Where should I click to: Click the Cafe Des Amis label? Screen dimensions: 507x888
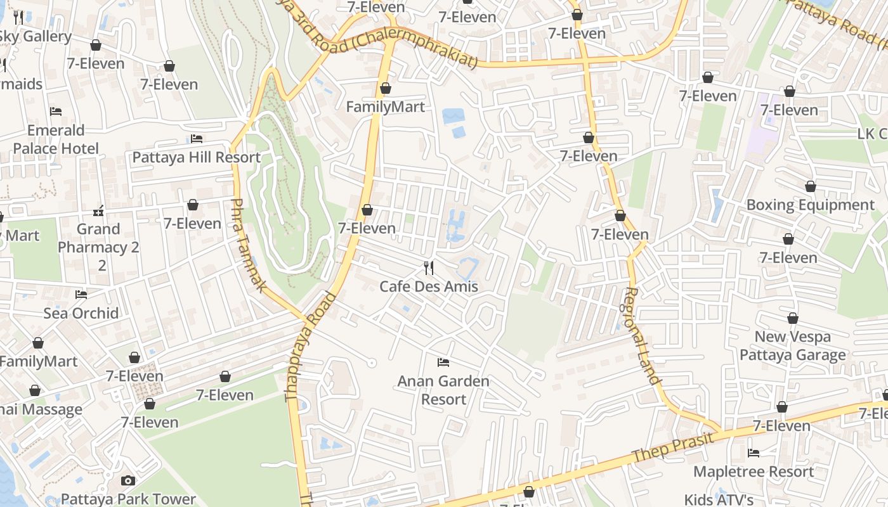[x=428, y=286]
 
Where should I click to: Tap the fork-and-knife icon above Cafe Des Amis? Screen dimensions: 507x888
[x=429, y=268]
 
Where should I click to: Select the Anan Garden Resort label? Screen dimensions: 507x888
[x=443, y=390]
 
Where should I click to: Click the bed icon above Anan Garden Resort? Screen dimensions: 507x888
[x=443, y=363]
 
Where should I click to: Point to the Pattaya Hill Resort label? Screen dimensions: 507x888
[x=196, y=157]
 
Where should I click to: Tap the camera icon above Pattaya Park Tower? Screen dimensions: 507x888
[x=128, y=480]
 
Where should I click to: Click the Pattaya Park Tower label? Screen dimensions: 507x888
[x=129, y=499]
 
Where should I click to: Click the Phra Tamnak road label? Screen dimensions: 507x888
[x=247, y=245]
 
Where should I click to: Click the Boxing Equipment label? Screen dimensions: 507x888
[x=810, y=205]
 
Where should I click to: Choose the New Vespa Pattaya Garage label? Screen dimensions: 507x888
[x=792, y=345]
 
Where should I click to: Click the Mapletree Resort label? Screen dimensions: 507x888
[x=754, y=472]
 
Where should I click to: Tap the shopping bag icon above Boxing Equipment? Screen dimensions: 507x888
[x=810, y=186]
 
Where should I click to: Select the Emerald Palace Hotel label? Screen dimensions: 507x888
[x=56, y=139]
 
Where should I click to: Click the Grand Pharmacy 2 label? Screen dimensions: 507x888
[x=98, y=238]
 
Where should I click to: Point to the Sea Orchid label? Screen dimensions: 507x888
[x=81, y=313]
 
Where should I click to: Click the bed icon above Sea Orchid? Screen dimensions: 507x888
[x=81, y=294]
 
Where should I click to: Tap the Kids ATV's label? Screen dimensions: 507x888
[x=719, y=499]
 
